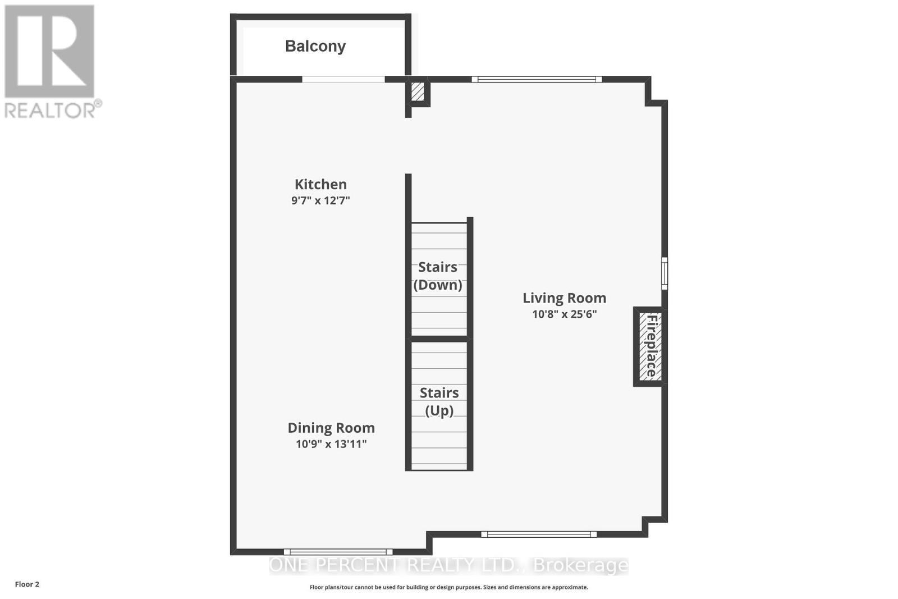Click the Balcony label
pyautogui.click(x=315, y=46)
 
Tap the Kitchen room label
pyautogui.click(x=320, y=184)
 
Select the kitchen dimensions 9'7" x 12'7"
pyautogui.click(x=320, y=200)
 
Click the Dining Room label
pyautogui.click(x=331, y=428)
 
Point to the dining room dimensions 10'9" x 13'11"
pyautogui.click(x=331, y=444)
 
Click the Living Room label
pyautogui.click(x=564, y=298)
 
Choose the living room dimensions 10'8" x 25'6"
pyautogui.click(x=564, y=314)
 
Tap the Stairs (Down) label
pyautogui.click(x=438, y=276)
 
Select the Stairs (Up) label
pyautogui.click(x=439, y=401)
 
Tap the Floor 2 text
pyautogui.click(x=27, y=584)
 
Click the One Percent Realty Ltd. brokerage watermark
pyautogui.click(x=448, y=565)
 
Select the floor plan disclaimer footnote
pyautogui.click(x=448, y=587)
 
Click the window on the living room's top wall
pyautogui.click(x=537, y=79)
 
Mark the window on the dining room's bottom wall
pyautogui.click(x=338, y=552)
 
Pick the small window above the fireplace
pyautogui.click(x=665, y=273)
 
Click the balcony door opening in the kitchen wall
pyautogui.click(x=343, y=79)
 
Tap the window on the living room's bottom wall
pyautogui.click(x=539, y=534)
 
